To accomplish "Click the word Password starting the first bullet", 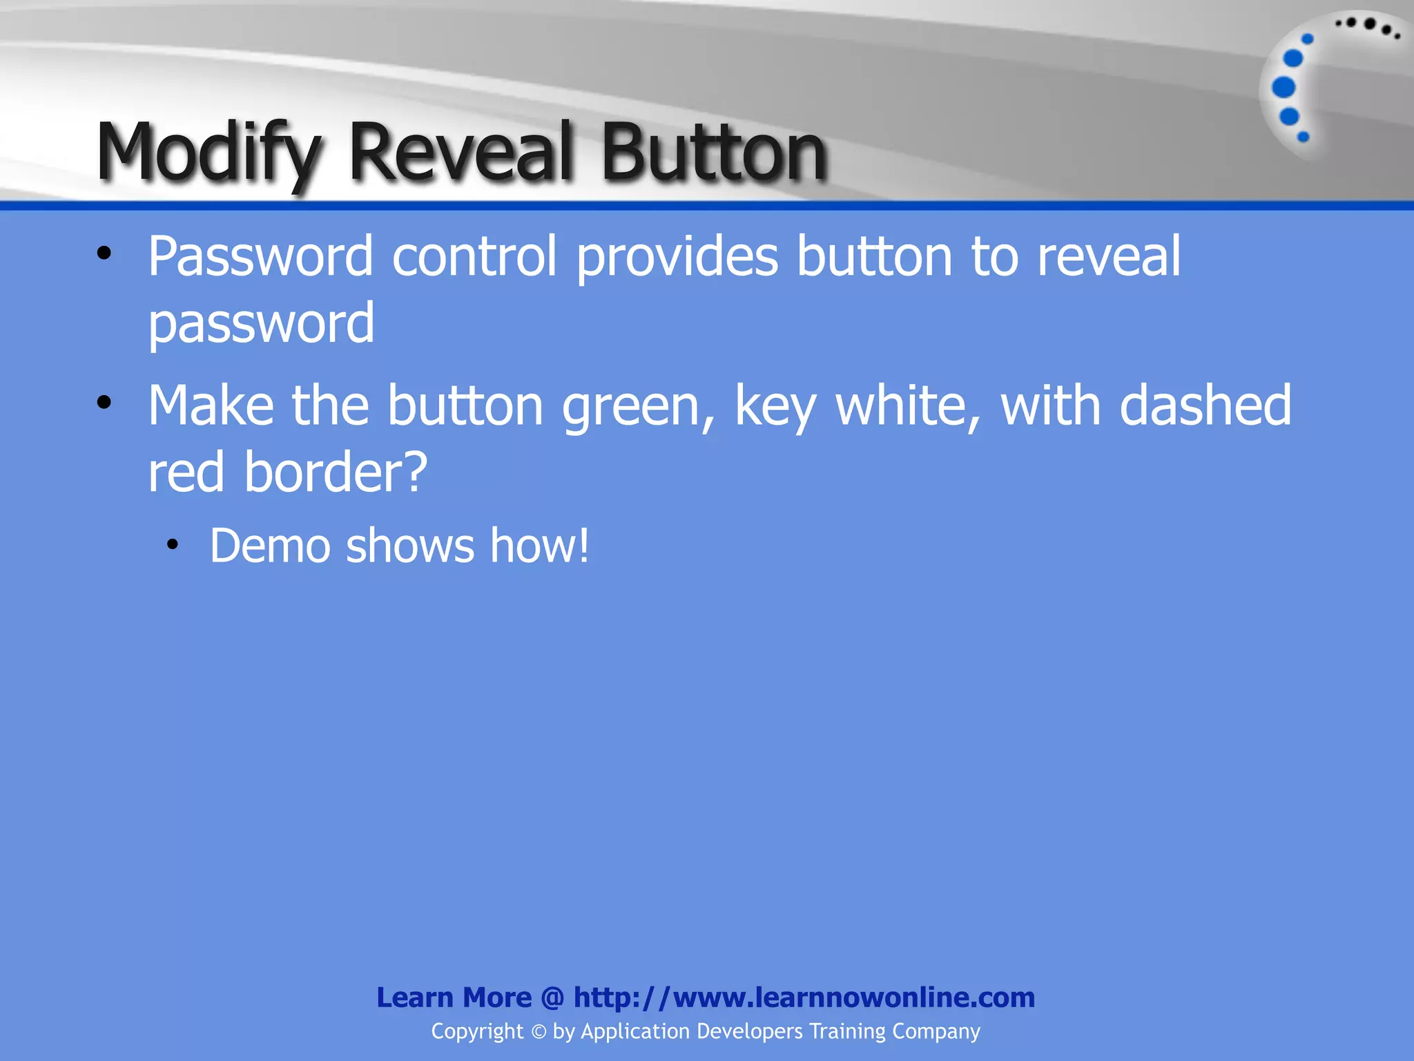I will tap(260, 256).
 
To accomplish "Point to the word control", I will tap(474, 256).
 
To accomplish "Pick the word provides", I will tap(677, 256).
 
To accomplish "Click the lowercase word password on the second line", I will tap(262, 323).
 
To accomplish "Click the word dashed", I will tap(1205, 406).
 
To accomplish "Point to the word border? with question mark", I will tap(336, 473).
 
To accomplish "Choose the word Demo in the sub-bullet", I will tap(270, 546).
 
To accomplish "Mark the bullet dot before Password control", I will tap(104, 254).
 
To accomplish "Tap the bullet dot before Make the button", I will tap(104, 403).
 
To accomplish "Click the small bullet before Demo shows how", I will tap(173, 545).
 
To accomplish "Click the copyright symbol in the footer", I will tap(539, 1032).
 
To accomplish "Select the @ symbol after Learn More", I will tap(552, 998).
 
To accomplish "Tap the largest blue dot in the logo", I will tap(1284, 88).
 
